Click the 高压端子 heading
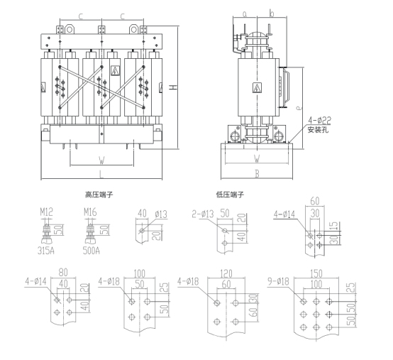coord(99,195)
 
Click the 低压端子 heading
coord(230,195)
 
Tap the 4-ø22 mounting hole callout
coord(319,121)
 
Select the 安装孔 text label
coord(318,130)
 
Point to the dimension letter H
coord(173,87)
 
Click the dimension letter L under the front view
coord(101,174)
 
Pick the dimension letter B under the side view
coord(258,174)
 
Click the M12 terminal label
coord(47,212)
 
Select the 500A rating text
coord(92,251)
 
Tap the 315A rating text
coord(46,251)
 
